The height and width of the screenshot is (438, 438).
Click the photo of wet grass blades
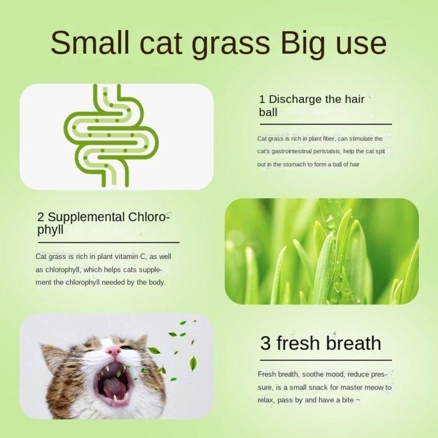(x=321, y=251)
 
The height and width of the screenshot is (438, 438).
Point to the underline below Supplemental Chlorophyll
(x=108, y=242)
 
